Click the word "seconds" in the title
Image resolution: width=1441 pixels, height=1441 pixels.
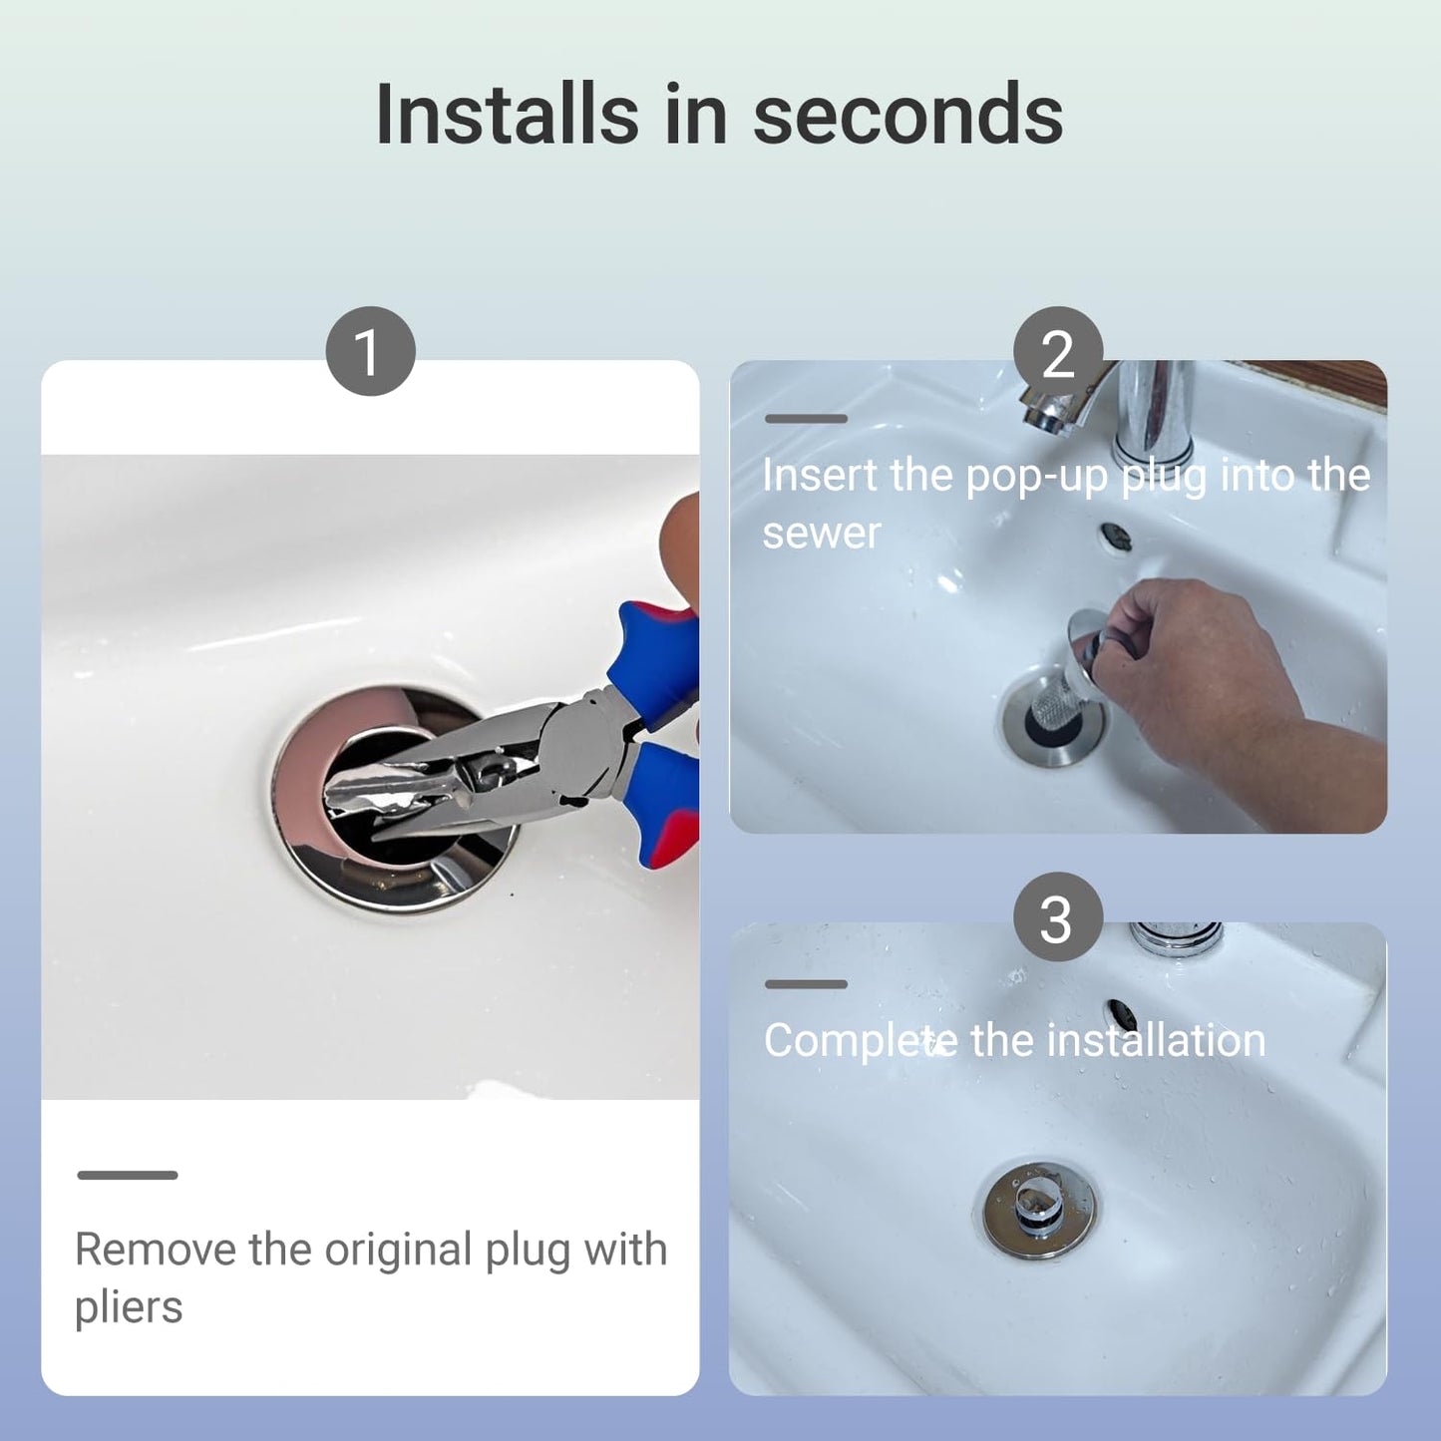907,115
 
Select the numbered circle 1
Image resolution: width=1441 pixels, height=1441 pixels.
370,351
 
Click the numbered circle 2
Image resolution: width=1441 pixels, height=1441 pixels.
1058,351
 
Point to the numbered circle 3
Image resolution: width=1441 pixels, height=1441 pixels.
1058,916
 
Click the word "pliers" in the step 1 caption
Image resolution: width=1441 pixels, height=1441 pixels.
129,1307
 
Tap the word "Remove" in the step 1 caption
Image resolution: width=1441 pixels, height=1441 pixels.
156,1249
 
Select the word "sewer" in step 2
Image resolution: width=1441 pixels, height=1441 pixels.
821,534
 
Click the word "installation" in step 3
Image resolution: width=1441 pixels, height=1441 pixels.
1156,1040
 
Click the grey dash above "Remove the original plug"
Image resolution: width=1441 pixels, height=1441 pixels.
127,1175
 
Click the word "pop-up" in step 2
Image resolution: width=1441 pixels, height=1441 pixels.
1036,477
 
